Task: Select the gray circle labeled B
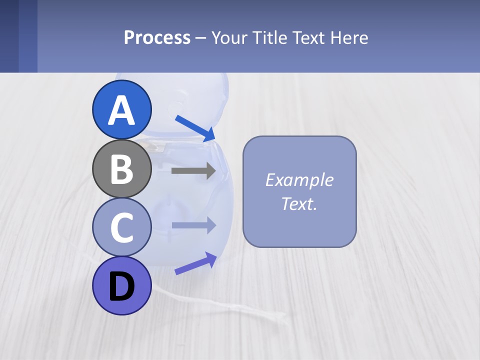(x=121, y=169)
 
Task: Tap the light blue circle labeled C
(x=121, y=227)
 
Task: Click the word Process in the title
(x=157, y=38)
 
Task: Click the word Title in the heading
(x=269, y=38)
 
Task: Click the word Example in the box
(x=299, y=180)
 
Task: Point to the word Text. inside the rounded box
(x=299, y=204)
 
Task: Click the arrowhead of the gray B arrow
(x=210, y=171)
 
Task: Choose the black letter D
(x=121, y=287)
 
